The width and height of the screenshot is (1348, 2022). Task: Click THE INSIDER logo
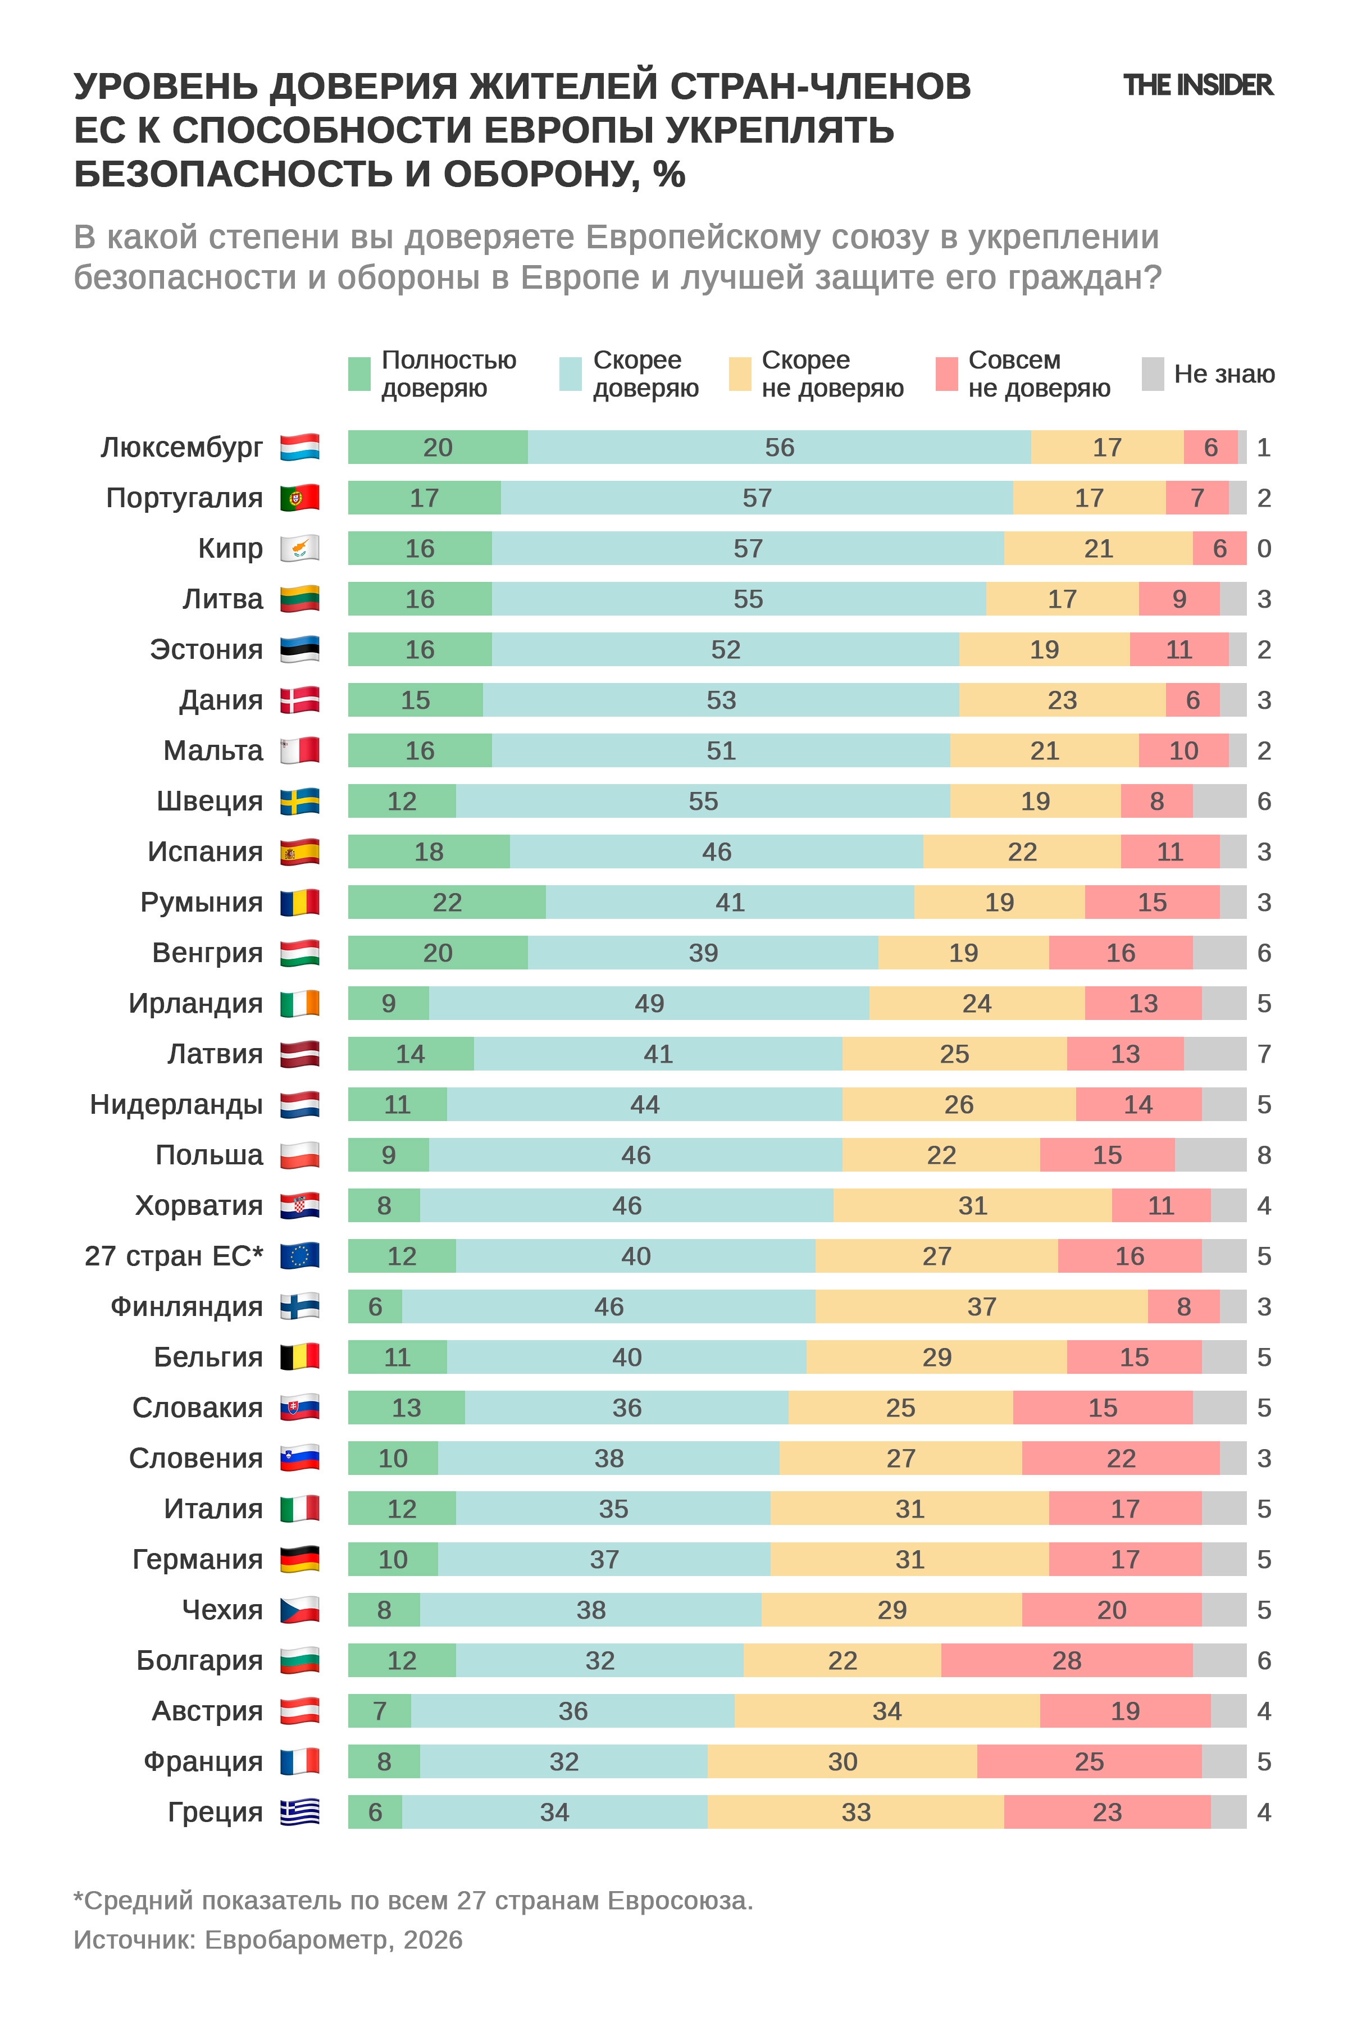(1197, 85)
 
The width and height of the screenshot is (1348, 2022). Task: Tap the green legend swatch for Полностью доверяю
(359, 374)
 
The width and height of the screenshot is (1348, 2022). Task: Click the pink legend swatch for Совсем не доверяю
(946, 374)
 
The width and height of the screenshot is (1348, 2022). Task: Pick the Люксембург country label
(181, 448)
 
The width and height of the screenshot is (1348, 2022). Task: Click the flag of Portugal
(300, 498)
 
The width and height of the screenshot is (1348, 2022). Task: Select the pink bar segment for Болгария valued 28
(1066, 1660)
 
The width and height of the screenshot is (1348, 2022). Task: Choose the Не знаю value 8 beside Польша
(1264, 1155)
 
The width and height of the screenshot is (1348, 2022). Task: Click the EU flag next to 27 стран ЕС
(300, 1256)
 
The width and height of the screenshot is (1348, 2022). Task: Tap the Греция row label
(215, 1812)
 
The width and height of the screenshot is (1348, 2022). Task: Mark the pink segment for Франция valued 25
(1089, 1761)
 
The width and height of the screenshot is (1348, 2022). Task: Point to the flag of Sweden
(300, 801)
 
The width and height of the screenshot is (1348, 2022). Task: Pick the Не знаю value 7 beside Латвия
(1264, 1054)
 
